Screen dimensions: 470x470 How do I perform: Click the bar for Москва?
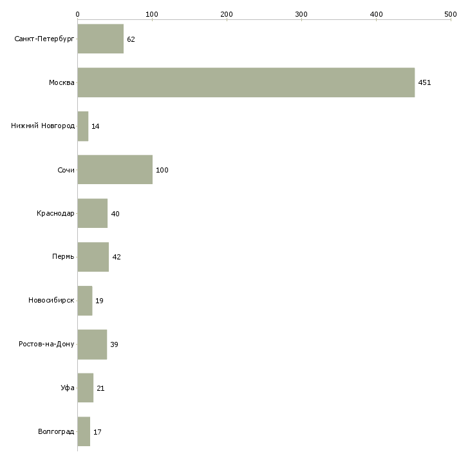tap(246, 82)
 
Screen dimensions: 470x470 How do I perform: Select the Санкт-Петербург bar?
tap(100, 39)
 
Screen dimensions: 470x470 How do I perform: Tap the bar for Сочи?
tap(115, 170)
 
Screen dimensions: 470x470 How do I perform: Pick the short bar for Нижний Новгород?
tap(82, 126)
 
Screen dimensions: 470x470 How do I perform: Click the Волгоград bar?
tap(84, 431)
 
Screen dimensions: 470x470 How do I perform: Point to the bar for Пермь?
tap(93, 257)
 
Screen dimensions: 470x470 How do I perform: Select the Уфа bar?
tap(86, 388)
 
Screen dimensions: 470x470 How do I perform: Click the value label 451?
tap(424, 82)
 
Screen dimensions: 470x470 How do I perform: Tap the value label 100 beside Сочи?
tap(162, 170)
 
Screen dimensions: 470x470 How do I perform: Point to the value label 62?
tap(131, 39)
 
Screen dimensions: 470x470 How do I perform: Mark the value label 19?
tap(99, 301)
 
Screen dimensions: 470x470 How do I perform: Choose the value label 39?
tap(114, 344)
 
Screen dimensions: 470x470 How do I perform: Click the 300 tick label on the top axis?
tap(301, 14)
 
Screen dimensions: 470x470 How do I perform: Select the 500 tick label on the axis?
tap(451, 14)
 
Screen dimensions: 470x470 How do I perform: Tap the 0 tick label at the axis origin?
tap(78, 14)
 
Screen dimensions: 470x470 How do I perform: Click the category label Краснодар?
tap(55, 213)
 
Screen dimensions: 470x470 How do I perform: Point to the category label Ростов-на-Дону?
tap(46, 344)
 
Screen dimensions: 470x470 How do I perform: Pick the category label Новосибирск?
tap(52, 300)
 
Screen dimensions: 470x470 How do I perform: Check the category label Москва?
tap(62, 82)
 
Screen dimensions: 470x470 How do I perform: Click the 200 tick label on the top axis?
tap(227, 14)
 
